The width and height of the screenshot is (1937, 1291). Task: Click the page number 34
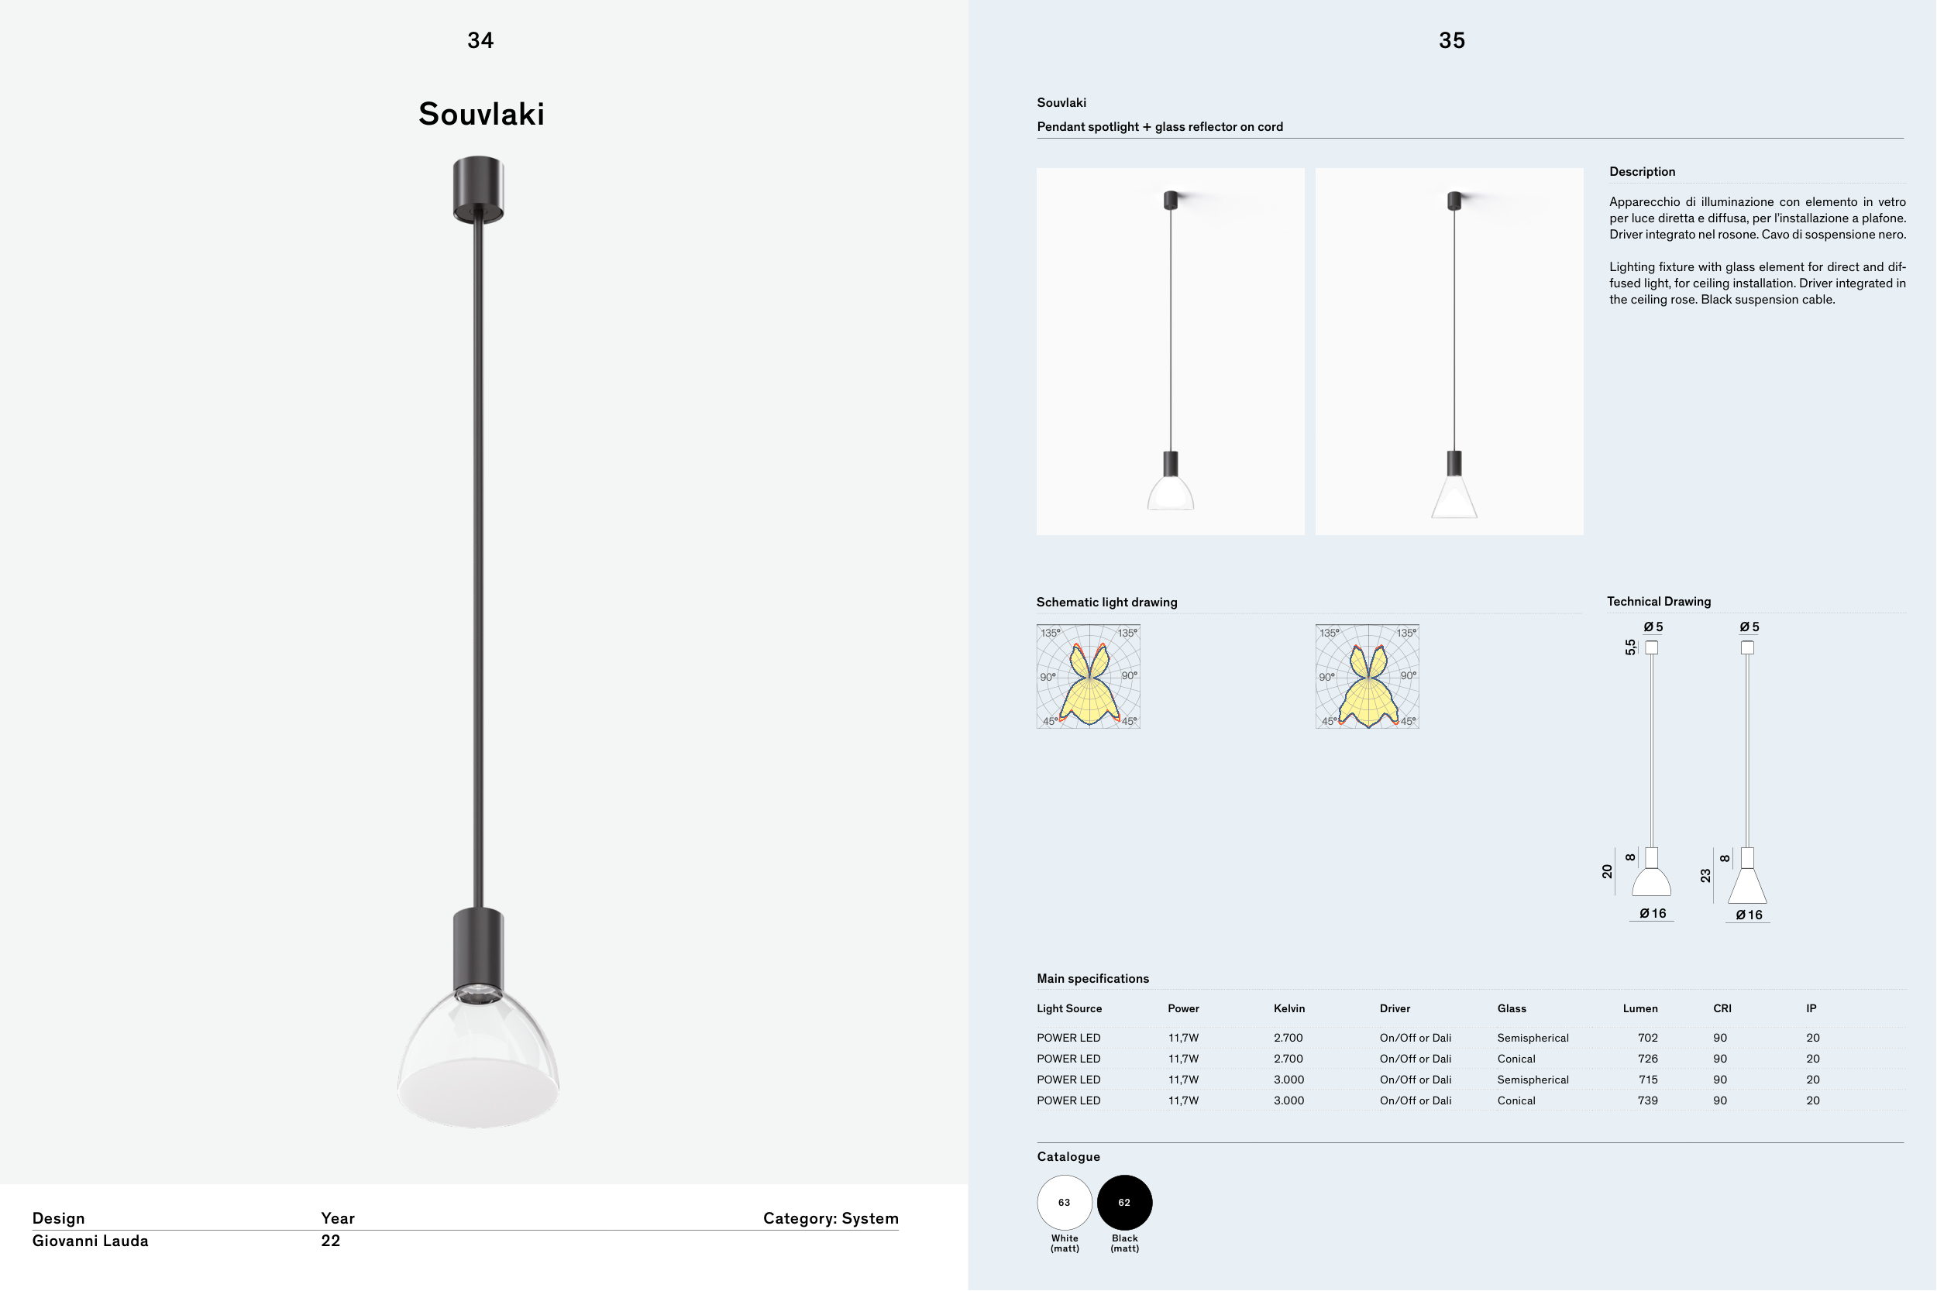480,40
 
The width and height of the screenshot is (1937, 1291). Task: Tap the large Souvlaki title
482,114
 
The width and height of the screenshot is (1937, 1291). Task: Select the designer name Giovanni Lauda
91,1241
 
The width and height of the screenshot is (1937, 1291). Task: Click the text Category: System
831,1218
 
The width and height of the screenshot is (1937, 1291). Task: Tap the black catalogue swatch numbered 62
1124,1202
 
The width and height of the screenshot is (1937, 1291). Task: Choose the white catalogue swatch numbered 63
1064,1202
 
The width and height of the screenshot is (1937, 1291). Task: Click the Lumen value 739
1648,1100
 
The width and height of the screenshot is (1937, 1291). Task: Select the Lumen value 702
1648,1039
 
